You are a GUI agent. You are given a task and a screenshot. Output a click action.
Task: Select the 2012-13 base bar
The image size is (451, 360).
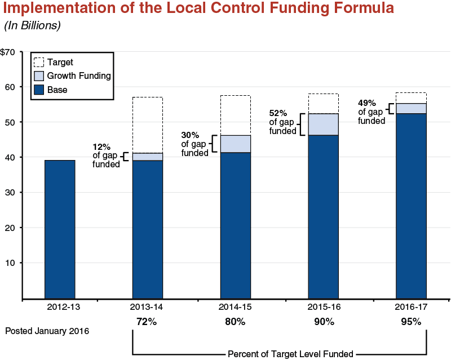[x=60, y=229]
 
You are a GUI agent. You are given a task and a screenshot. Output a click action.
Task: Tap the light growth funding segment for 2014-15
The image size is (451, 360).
[x=235, y=144]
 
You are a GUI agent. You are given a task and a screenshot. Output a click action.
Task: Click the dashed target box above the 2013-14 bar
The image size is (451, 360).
[x=147, y=125]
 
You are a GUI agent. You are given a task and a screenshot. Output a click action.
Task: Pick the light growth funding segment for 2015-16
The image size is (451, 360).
[x=323, y=125]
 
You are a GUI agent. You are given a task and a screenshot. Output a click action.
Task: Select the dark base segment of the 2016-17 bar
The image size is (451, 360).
[x=411, y=206]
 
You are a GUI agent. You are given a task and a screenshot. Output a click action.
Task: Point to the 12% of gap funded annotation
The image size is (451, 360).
[x=106, y=157]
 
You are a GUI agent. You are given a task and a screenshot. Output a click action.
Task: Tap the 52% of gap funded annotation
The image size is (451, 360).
[x=282, y=122]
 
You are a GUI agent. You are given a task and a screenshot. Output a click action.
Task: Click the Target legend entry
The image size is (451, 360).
[x=60, y=63]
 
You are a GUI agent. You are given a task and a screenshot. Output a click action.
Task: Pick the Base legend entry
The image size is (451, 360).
[x=57, y=89]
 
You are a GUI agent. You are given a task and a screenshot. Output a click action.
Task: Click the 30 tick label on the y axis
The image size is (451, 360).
[x=10, y=193]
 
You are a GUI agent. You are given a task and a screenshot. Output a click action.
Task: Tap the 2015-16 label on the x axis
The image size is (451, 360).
[x=323, y=307]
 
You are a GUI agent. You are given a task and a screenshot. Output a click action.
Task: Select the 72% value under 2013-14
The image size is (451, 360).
[x=147, y=322]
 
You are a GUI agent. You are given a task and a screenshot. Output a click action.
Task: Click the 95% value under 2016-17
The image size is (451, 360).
[x=411, y=322]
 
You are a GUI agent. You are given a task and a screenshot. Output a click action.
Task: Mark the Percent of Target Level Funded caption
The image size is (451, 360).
[x=290, y=354]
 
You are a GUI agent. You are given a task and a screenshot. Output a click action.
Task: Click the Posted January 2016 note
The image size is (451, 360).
[x=47, y=331]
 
